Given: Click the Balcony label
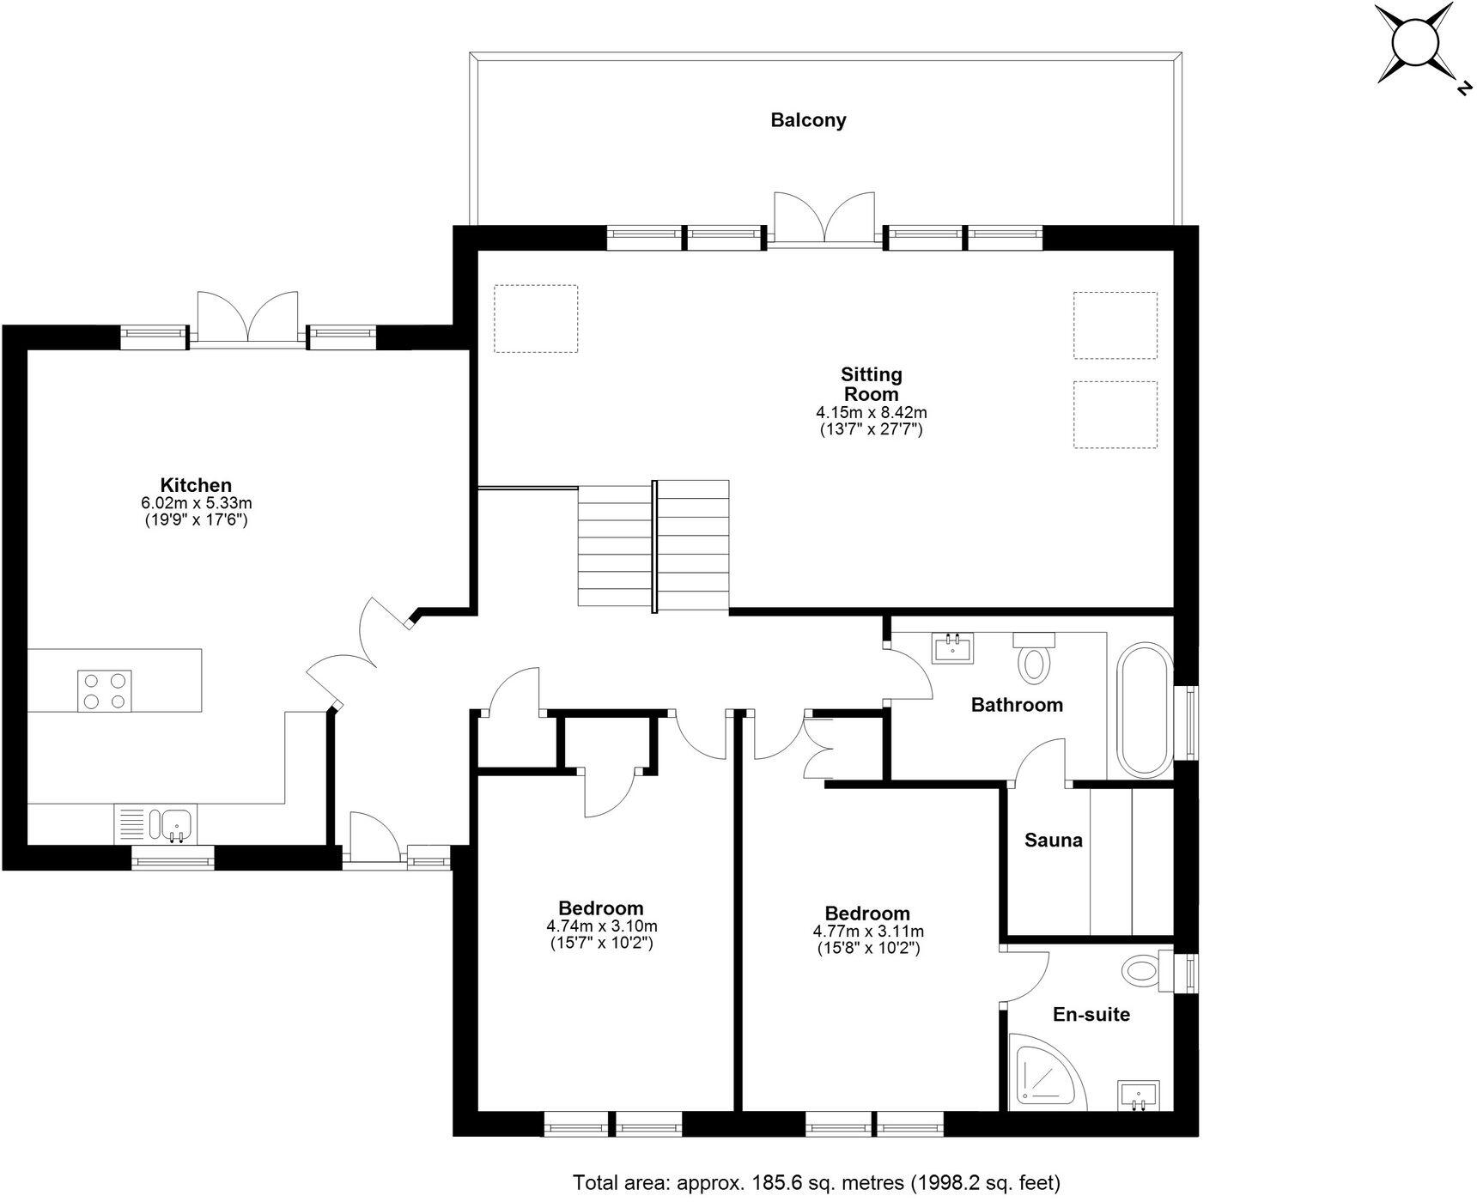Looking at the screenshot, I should coord(807,120).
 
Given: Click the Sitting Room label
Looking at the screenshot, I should coord(871,384).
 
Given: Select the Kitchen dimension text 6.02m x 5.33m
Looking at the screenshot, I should coord(197,503).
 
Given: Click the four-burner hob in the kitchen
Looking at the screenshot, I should coord(105,690).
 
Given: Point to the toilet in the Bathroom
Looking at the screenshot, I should coord(1034,659).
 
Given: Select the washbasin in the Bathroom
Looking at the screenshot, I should coord(952,648).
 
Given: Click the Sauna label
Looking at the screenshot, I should coord(1053,841).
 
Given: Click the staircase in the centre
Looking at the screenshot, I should coord(654,545).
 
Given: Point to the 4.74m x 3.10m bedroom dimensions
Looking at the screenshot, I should coord(601,926).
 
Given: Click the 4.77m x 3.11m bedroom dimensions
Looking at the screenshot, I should coord(868,932).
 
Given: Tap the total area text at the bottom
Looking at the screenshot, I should coord(816,1183).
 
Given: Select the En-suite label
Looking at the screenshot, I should coord(1091,1015).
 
